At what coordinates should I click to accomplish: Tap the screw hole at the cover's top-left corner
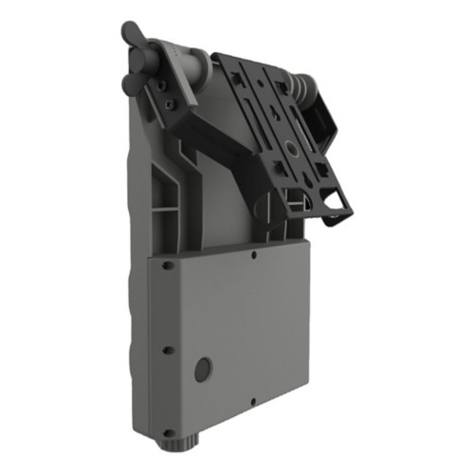click(167, 265)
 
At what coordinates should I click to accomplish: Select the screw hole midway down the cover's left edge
click(168, 350)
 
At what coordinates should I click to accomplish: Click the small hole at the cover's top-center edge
click(256, 254)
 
